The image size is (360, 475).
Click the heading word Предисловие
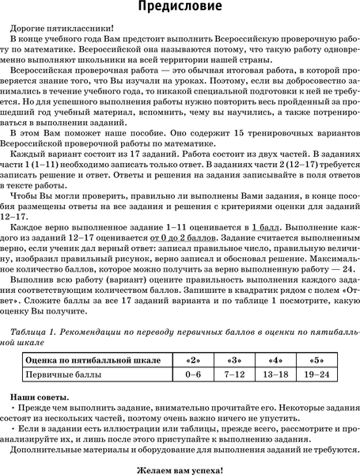[x=180, y=9]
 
